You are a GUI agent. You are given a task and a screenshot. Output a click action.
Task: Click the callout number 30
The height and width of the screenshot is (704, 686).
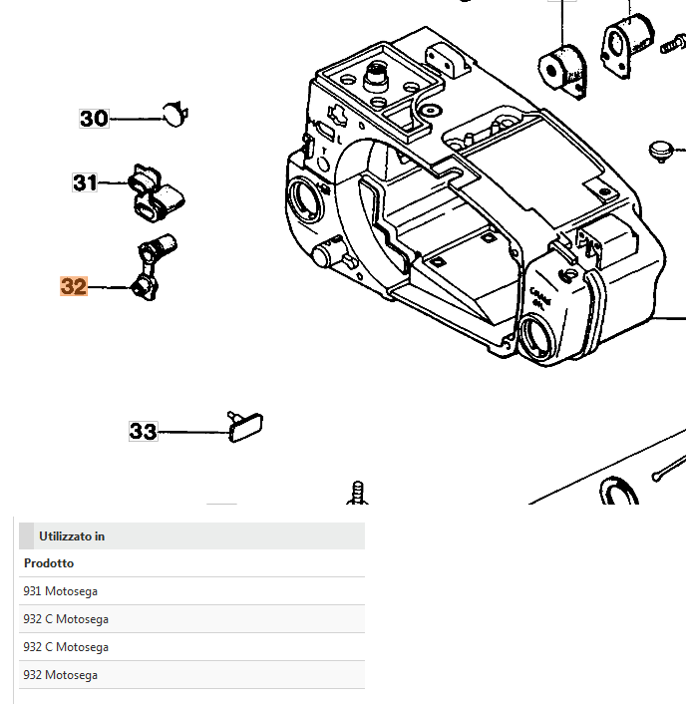coord(94,119)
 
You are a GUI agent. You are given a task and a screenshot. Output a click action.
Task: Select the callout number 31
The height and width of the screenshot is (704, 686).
coord(86,182)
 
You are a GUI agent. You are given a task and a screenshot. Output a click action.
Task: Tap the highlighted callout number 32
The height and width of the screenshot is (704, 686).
coord(74,287)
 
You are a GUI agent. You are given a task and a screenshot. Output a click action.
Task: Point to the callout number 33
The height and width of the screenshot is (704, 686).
coord(143,432)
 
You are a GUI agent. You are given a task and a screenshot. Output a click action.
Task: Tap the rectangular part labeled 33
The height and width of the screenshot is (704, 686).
coord(246,428)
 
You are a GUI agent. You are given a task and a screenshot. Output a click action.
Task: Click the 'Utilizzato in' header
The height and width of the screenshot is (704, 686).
coord(72,536)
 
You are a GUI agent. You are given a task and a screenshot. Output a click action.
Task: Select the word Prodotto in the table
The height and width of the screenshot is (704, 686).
coord(48,563)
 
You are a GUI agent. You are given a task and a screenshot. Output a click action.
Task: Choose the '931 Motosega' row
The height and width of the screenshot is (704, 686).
coord(60,591)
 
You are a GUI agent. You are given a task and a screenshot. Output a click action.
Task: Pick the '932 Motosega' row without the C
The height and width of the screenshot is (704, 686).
coord(60,675)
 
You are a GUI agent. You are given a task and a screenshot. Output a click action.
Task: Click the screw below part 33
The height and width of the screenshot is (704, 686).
coord(357,493)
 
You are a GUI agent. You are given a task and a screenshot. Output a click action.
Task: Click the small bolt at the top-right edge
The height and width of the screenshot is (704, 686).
coord(672,46)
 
